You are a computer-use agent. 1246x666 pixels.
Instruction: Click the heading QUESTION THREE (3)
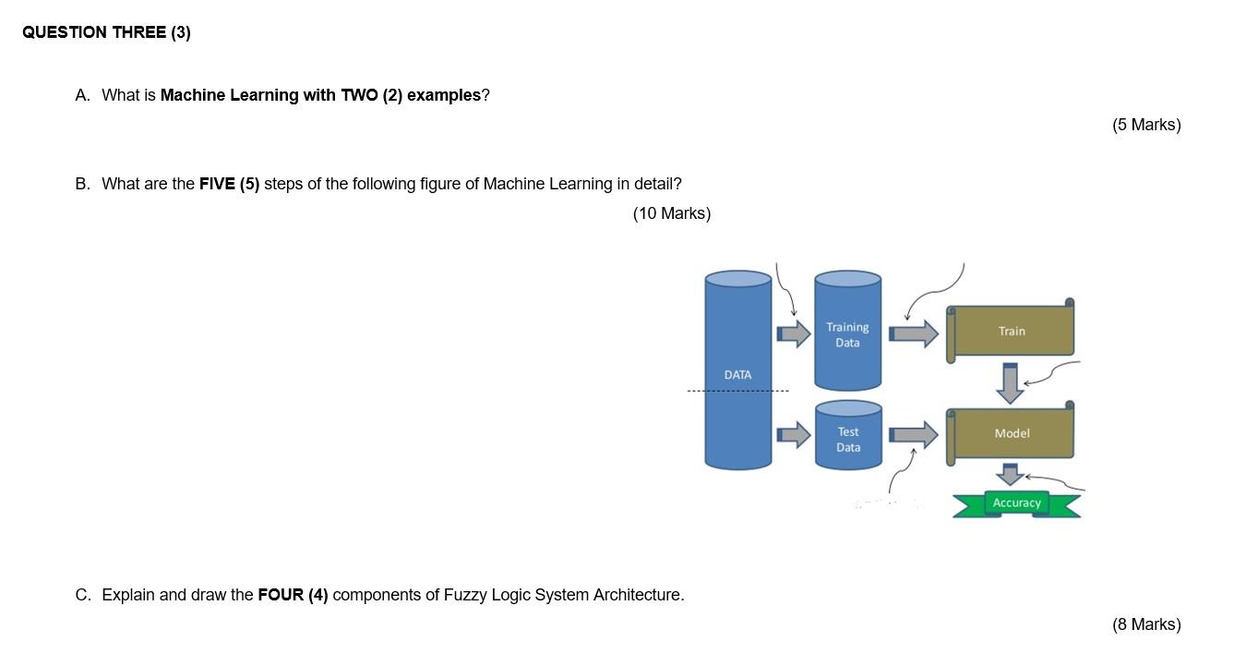click(106, 32)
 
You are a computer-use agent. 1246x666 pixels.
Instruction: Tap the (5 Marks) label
click(1146, 125)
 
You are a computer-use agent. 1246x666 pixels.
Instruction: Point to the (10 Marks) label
click(672, 213)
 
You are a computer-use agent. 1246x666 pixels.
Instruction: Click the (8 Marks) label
click(1146, 624)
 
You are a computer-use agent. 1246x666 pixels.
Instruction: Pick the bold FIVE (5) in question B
click(230, 184)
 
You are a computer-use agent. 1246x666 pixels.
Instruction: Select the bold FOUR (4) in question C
click(293, 595)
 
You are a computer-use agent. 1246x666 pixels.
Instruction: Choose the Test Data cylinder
click(847, 439)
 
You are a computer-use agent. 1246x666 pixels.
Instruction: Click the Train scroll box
click(1012, 331)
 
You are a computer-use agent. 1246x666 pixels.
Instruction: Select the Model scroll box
click(1012, 433)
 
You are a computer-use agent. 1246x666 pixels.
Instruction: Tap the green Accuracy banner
click(1016, 503)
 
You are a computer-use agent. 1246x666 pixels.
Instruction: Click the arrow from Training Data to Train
click(913, 333)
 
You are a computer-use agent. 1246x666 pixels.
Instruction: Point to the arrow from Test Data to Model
click(913, 434)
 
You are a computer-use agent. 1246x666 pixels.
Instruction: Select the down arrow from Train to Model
click(1011, 382)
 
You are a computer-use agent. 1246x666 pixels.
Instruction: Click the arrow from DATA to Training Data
click(792, 333)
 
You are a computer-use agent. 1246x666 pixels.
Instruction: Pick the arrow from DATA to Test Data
click(792, 434)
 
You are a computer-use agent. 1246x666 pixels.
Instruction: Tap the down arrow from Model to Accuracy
click(1011, 475)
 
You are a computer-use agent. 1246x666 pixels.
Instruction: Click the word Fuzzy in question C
click(466, 595)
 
